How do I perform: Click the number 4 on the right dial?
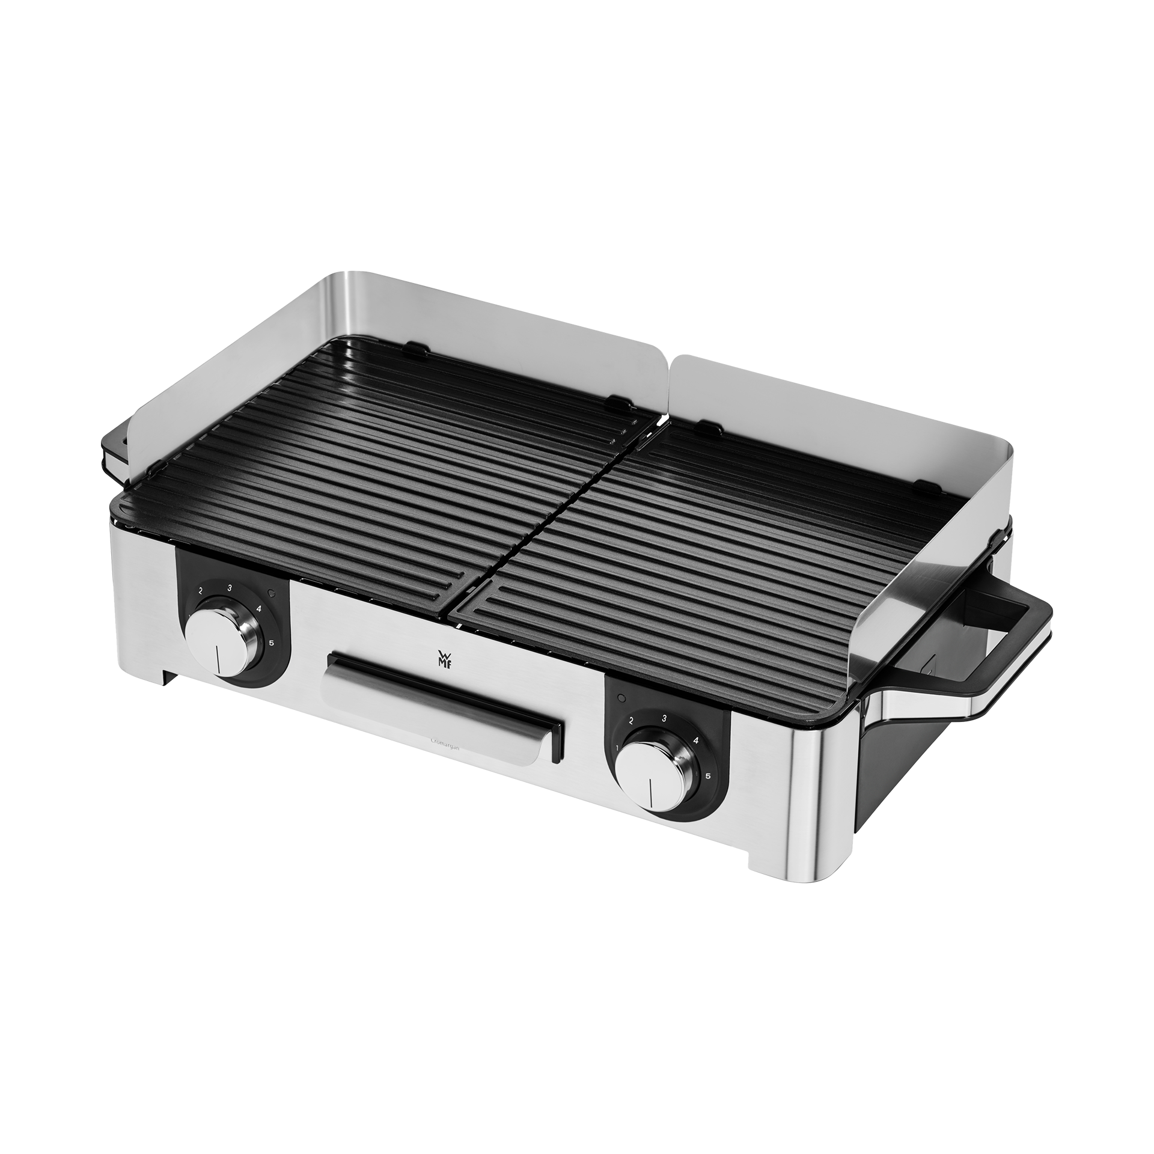click(695, 740)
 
